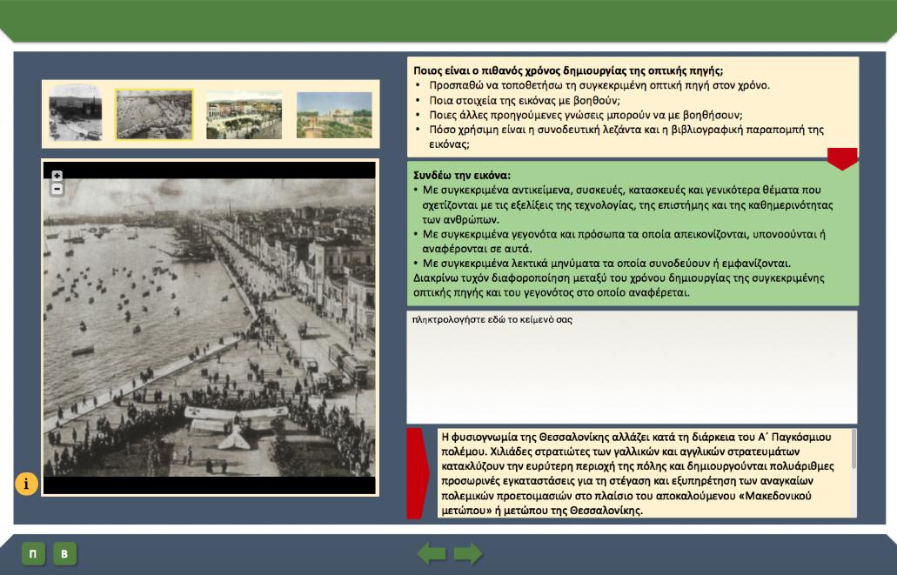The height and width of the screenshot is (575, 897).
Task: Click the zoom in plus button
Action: (57, 176)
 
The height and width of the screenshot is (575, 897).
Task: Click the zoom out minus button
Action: (57, 189)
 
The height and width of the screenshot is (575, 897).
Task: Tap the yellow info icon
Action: (26, 484)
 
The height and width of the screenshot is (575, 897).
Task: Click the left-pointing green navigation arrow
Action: (432, 554)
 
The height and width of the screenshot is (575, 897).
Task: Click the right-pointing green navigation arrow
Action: (468, 554)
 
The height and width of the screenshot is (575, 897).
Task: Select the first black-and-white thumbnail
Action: (76, 113)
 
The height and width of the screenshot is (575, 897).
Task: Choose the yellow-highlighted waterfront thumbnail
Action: (154, 115)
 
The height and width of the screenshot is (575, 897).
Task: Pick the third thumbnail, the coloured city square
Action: (244, 115)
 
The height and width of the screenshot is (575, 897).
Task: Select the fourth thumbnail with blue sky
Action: (334, 115)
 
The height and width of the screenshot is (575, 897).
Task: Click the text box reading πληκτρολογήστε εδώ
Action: (632, 367)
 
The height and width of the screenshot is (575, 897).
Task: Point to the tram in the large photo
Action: (348, 364)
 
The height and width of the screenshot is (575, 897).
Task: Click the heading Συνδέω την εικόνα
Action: (462, 175)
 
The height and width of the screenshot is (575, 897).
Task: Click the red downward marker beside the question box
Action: (842, 158)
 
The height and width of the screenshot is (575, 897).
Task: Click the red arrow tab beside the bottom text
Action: (417, 473)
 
